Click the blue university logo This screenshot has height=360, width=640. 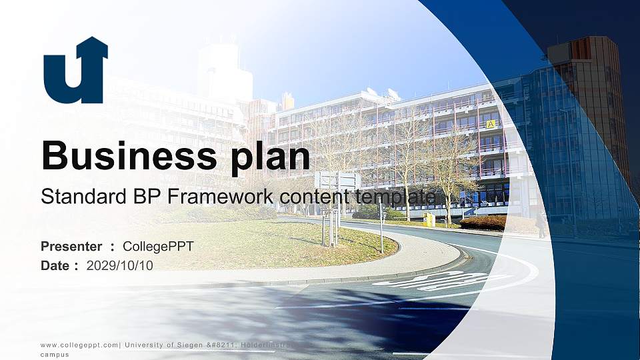(x=75, y=71)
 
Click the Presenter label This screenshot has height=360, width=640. (x=71, y=247)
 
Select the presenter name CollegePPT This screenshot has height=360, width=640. (x=158, y=247)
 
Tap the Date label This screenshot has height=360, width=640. (x=55, y=265)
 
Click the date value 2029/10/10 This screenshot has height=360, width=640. (x=120, y=265)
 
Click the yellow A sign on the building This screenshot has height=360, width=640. (x=491, y=124)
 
